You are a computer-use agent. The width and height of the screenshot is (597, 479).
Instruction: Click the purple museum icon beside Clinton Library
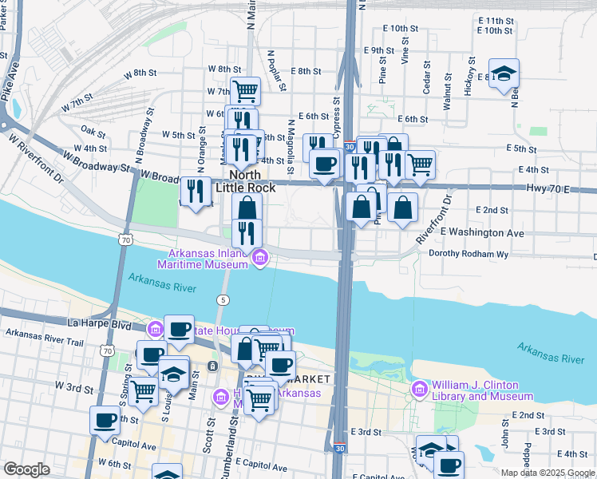[x=418, y=389]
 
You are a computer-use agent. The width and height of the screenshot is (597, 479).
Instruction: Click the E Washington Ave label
[x=481, y=232]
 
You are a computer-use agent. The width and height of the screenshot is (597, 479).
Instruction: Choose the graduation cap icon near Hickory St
[x=504, y=74]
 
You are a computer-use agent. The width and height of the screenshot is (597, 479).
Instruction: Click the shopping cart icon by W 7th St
[x=245, y=90]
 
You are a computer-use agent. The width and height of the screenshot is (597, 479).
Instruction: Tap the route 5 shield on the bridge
[x=221, y=299]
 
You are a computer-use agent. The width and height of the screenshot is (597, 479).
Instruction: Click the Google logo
[x=26, y=469]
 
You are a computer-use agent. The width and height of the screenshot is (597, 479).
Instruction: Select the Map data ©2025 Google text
[x=548, y=473]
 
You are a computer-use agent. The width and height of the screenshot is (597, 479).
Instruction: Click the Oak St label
[x=93, y=131]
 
